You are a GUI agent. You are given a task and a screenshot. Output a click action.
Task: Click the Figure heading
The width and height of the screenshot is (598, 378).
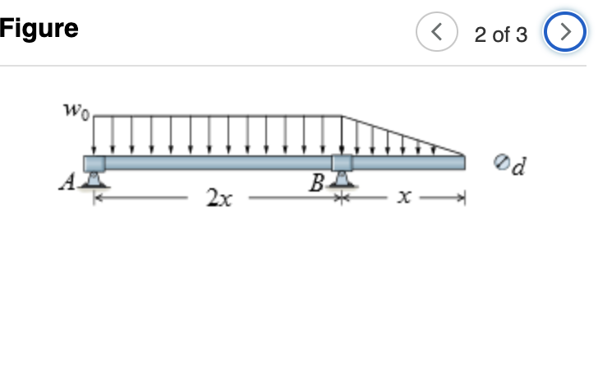click(x=39, y=29)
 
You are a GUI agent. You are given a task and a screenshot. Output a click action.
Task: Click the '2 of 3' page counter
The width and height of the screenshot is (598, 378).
click(x=500, y=35)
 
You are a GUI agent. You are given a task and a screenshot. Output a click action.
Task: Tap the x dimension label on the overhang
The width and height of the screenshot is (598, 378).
click(x=402, y=198)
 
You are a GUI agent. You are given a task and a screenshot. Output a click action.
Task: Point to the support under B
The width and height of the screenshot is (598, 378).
click(x=342, y=181)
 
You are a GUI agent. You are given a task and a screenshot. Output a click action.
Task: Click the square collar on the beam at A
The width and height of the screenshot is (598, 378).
click(x=94, y=163)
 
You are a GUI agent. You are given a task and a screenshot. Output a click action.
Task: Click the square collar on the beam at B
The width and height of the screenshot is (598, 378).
click(x=342, y=163)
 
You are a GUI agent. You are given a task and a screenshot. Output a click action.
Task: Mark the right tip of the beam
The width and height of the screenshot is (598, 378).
click(x=463, y=163)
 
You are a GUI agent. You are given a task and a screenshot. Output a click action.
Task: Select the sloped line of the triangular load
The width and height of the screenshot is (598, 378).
click(x=402, y=134)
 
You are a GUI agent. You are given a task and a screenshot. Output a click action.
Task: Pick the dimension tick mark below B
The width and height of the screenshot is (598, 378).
click(x=343, y=198)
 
